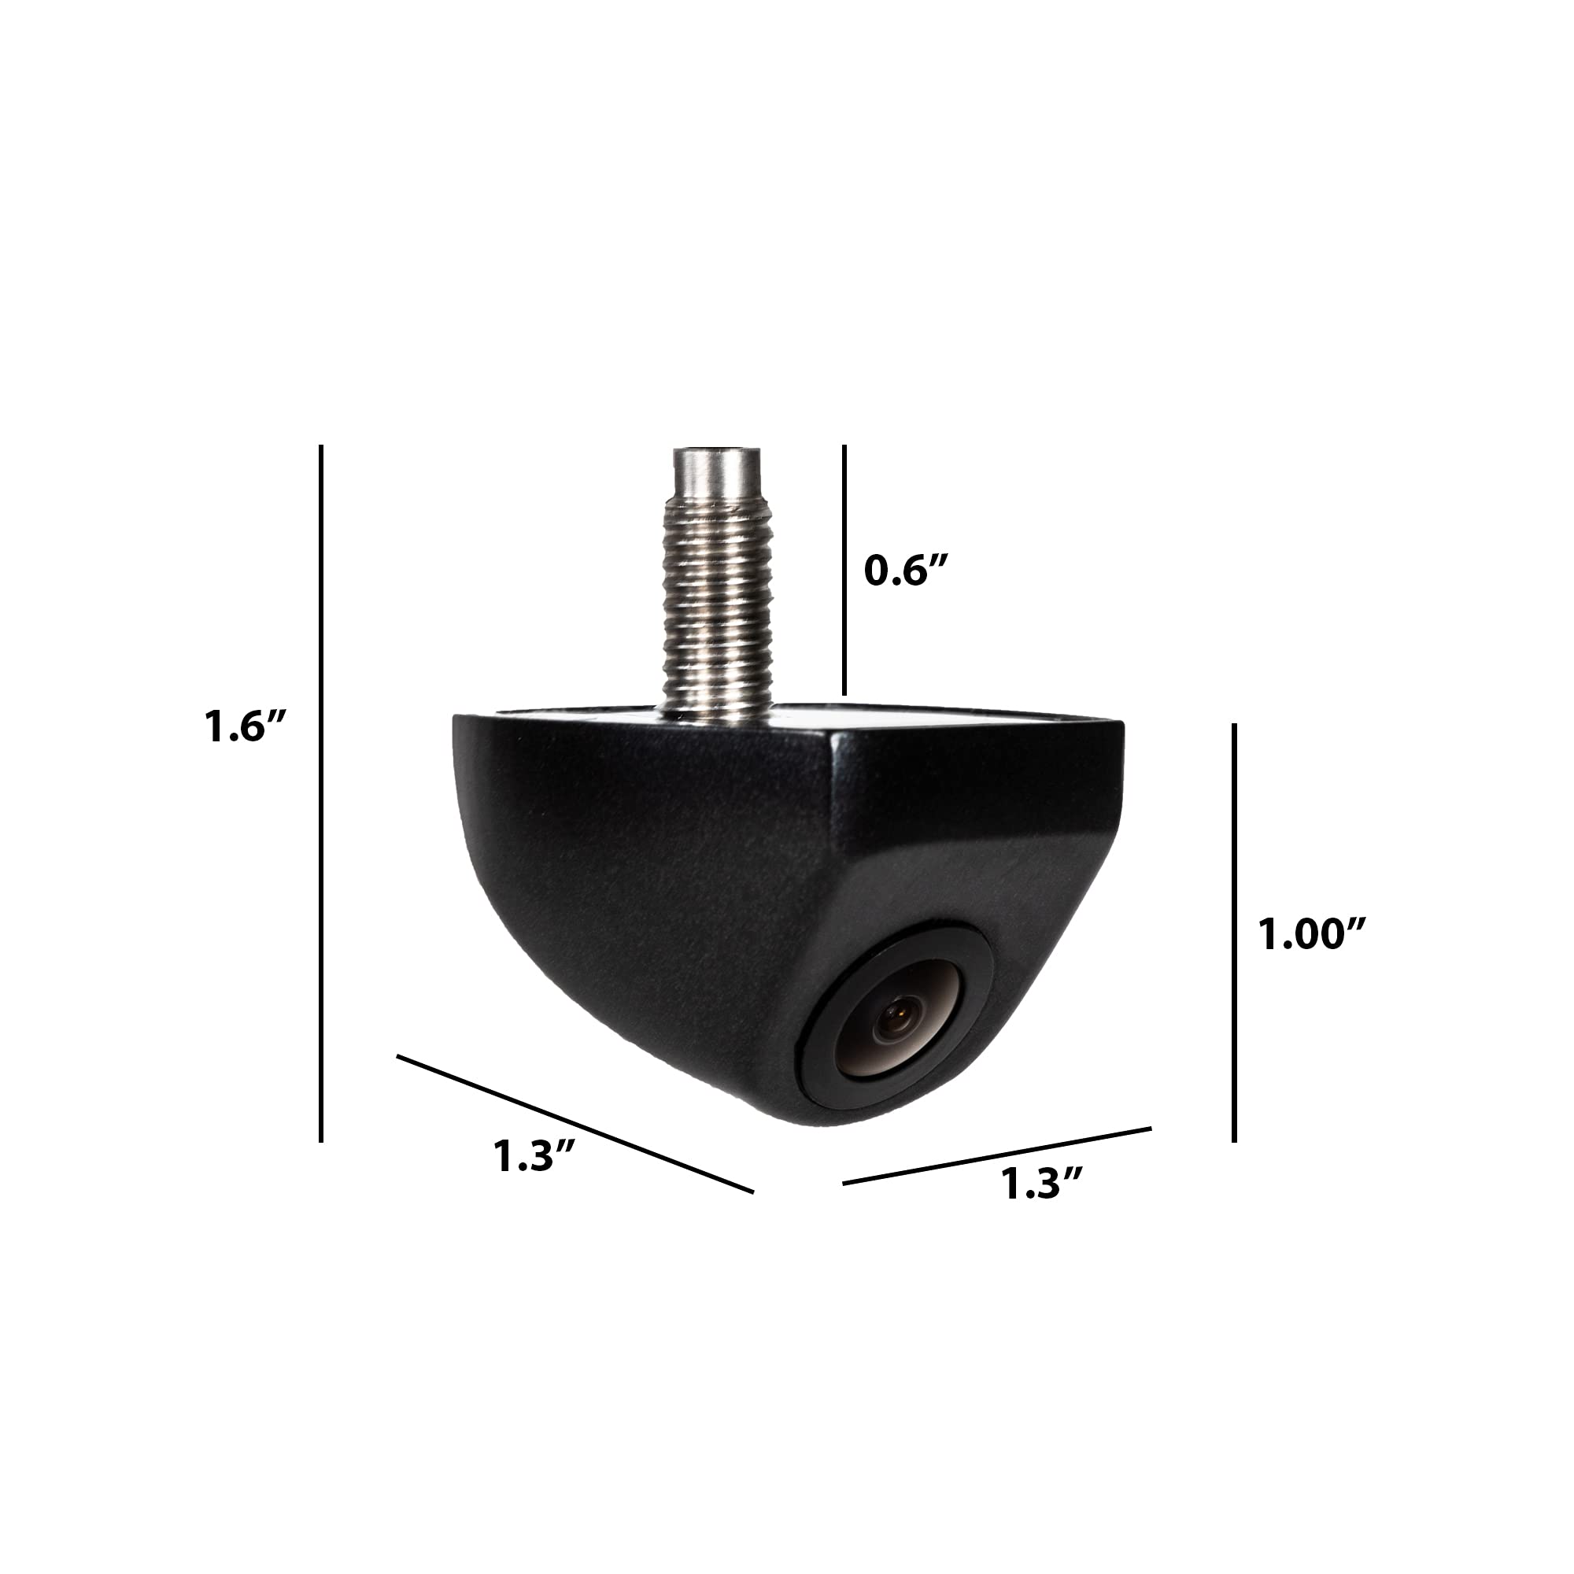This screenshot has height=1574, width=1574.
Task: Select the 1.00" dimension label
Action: point(1312,933)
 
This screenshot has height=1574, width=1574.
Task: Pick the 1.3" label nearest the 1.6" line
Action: point(535,1155)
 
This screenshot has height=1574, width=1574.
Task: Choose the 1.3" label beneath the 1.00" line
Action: point(1042,1184)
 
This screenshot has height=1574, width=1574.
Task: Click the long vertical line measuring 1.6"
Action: point(322,793)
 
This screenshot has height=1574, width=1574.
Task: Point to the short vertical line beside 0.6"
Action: point(844,570)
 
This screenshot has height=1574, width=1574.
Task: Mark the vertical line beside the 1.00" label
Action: point(1235,933)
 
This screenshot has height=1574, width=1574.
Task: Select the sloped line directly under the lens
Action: point(997,1156)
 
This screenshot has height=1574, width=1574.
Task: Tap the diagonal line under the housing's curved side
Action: point(575,1125)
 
